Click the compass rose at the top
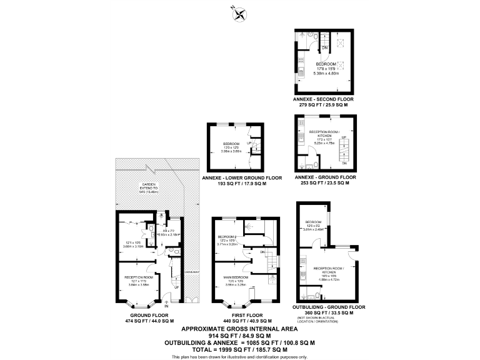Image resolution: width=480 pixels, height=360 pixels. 237,12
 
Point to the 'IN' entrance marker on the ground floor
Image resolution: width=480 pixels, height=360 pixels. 166,307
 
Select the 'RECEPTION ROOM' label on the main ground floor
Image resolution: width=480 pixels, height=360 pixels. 138,276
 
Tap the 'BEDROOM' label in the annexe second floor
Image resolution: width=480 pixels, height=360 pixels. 326,64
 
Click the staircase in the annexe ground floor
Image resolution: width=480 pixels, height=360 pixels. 342,151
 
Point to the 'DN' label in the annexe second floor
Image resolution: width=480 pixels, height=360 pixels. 324,47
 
